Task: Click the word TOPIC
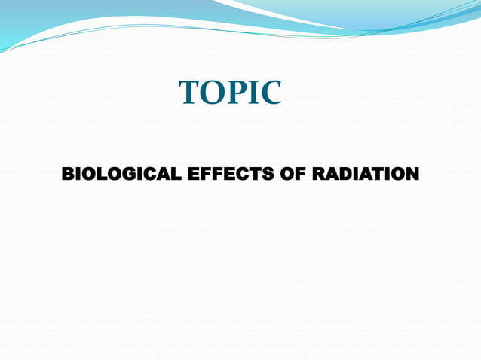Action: (230, 93)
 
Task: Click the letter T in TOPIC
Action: (189, 93)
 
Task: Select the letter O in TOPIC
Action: (211, 93)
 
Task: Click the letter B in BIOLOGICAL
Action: (67, 175)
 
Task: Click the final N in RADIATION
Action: (412, 175)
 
